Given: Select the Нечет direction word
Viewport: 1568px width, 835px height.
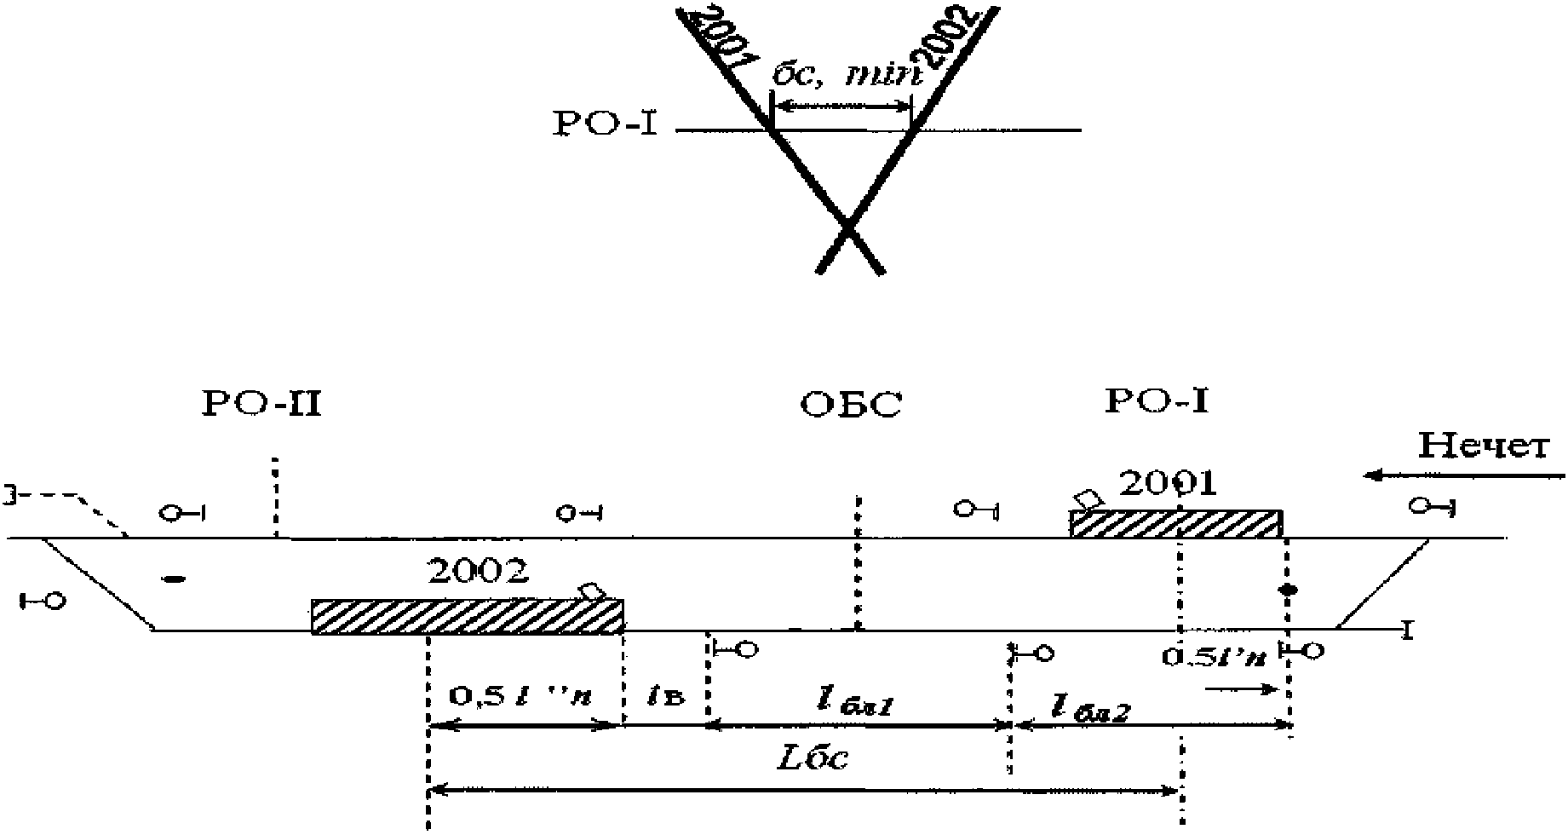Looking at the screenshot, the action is point(1483,446).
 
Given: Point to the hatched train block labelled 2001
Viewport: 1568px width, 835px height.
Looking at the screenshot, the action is point(1176,524).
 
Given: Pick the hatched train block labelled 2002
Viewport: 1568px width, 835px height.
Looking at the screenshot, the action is point(467,616).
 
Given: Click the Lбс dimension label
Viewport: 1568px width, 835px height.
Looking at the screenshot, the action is point(813,757).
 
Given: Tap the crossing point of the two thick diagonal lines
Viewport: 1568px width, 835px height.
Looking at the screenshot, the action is point(847,227).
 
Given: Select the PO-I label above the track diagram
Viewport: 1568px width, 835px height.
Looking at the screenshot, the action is point(1156,400).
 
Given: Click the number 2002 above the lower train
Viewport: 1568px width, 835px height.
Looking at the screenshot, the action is point(478,571).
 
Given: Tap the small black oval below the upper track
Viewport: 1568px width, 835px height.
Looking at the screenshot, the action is point(173,580).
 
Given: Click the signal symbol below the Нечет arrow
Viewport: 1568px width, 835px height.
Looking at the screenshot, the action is point(1433,507).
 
